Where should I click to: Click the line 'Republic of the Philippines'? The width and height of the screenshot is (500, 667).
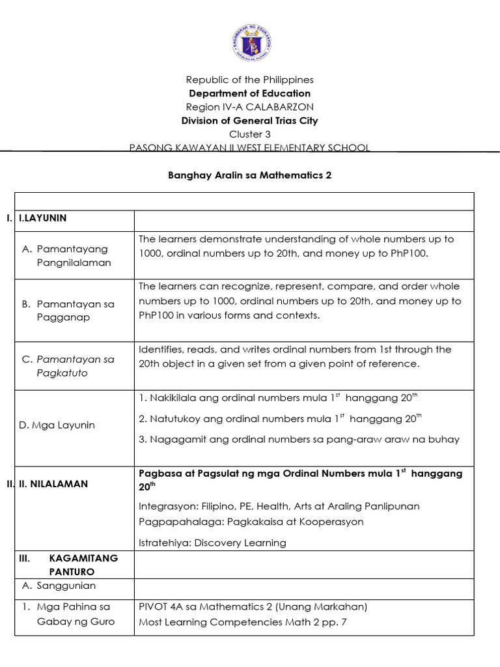coord(250,79)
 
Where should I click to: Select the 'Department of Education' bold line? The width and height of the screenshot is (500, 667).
coord(250,93)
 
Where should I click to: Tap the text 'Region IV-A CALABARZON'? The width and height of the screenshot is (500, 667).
coord(250,107)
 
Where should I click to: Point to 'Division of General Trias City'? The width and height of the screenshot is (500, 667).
coord(250,121)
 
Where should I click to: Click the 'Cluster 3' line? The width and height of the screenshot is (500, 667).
coord(250,134)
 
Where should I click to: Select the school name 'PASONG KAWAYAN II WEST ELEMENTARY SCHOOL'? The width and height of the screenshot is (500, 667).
coord(250,148)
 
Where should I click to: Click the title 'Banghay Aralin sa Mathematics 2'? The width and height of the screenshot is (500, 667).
coord(250,176)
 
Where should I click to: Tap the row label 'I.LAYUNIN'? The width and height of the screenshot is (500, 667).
coord(40,218)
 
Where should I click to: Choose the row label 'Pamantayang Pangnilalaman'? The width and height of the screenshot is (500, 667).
coord(73,255)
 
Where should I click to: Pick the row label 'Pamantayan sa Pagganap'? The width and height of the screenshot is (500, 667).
coord(73,310)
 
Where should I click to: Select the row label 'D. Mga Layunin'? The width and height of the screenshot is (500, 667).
coord(57,425)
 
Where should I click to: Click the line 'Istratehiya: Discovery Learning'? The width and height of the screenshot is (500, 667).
coord(212,543)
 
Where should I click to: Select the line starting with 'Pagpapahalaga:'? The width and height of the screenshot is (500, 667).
coord(251,522)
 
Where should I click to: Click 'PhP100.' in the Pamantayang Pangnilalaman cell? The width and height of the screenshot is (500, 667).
coord(410,253)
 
